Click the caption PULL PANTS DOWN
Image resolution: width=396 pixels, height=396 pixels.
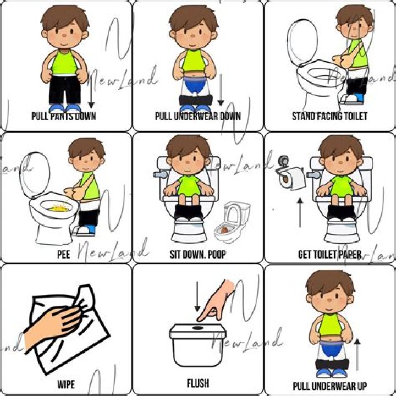64,116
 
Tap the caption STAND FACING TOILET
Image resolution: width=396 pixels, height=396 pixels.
329,116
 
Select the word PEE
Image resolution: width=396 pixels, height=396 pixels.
64,255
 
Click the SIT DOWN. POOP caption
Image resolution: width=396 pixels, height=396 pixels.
197,255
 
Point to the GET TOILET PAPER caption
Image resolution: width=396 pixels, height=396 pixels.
329,255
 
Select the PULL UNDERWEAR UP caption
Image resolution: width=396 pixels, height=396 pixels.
329,386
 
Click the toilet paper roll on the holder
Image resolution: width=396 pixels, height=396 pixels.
290,178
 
